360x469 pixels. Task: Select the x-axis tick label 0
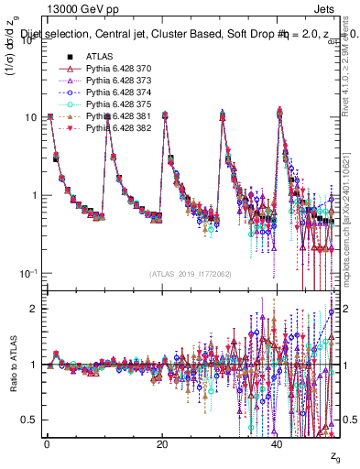pos(47,443)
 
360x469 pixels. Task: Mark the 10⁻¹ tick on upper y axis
pos(28,274)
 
